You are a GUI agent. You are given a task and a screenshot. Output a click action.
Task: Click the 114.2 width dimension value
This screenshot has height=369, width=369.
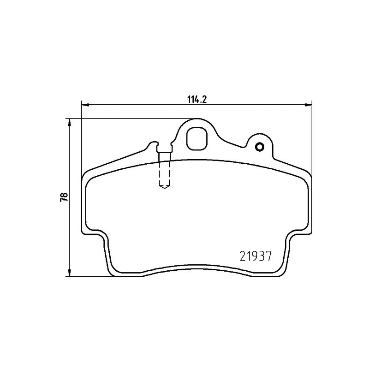(x=197, y=100)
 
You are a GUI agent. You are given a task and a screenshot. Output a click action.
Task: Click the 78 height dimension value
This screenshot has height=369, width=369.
(x=64, y=197)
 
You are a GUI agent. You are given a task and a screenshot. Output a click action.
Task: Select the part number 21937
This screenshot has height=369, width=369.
(x=256, y=256)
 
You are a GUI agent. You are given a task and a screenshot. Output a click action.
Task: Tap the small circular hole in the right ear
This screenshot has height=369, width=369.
(x=260, y=147)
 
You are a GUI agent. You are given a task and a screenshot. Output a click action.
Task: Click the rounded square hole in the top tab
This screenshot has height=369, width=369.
(x=197, y=139)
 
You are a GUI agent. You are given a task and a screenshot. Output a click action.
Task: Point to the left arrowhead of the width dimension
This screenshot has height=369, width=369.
(x=85, y=105)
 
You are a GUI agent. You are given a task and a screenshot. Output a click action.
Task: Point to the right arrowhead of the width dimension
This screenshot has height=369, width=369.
(x=308, y=105)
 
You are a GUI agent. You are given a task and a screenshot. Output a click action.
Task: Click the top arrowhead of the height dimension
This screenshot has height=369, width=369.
(x=69, y=122)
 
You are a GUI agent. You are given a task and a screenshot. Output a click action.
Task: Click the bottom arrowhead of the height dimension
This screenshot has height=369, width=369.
(x=69, y=273)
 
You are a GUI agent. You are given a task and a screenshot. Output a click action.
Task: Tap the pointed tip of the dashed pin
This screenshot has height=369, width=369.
(x=165, y=189)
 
